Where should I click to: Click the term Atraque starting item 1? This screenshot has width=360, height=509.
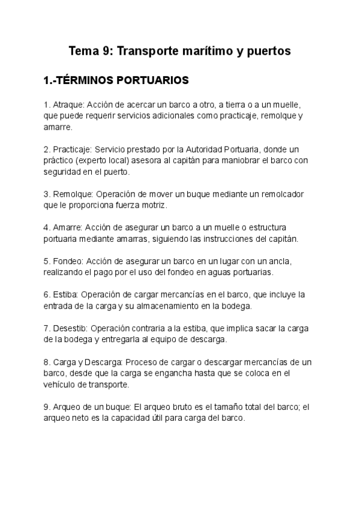pos(65,104)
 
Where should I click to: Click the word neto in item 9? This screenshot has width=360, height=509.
pos(85,418)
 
